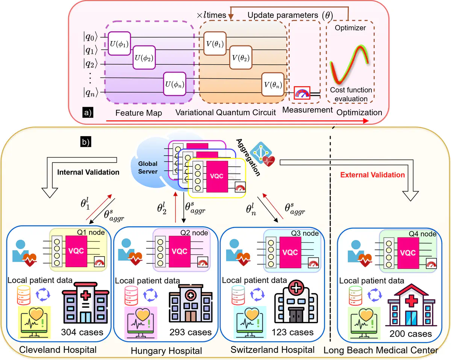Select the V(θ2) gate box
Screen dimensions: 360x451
point(241,58)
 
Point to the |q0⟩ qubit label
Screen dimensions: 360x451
point(91,37)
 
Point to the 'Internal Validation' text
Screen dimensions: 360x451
point(89,173)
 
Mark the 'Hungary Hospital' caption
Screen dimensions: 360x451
point(166,351)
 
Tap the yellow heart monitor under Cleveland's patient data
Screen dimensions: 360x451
point(34,317)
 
